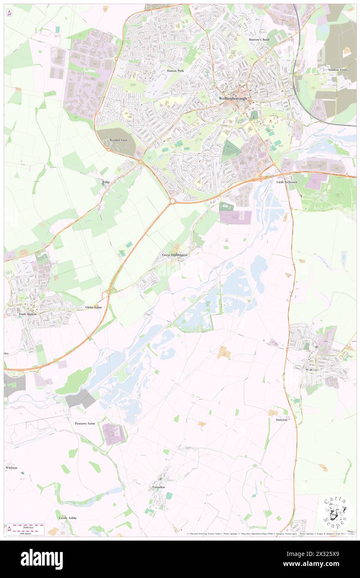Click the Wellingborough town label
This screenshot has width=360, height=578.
click(233, 98)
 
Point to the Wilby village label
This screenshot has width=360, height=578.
click(106, 182)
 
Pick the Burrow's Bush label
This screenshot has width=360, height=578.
click(259, 40)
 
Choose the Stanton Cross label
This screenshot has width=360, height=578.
click(338, 70)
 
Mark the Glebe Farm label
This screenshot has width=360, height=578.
click(94, 307)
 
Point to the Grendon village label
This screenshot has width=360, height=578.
click(159, 487)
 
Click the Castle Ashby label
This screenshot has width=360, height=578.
click(68, 518)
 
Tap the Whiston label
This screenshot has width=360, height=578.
click(12, 467)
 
